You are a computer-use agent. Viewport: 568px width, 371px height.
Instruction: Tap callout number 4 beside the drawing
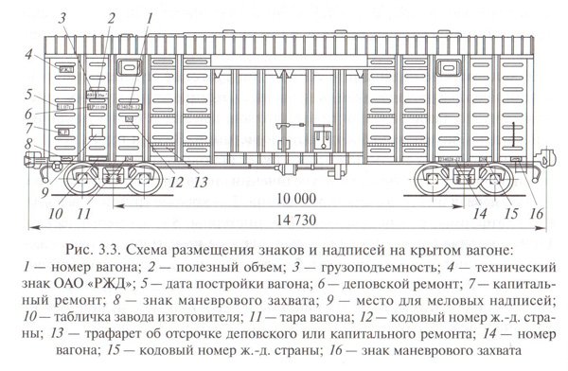coord(29,54)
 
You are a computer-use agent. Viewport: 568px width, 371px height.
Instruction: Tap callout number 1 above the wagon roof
coord(148,17)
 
